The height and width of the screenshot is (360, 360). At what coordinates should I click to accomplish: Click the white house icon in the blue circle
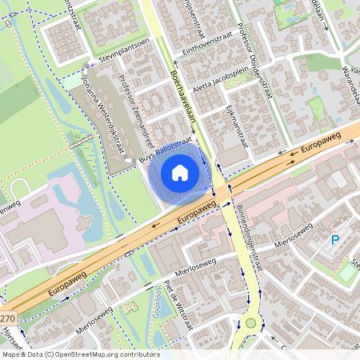(180, 172)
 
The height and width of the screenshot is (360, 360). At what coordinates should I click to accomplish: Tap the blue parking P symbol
(335, 240)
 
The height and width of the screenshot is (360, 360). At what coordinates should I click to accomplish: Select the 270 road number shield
(6, 318)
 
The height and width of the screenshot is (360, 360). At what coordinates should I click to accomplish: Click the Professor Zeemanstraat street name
(133, 108)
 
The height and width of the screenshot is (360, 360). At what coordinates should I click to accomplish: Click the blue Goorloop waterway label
(157, 304)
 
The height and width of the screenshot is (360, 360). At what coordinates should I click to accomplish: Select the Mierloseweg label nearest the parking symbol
(290, 240)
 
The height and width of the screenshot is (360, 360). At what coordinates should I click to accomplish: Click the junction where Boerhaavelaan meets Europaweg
(221, 190)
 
